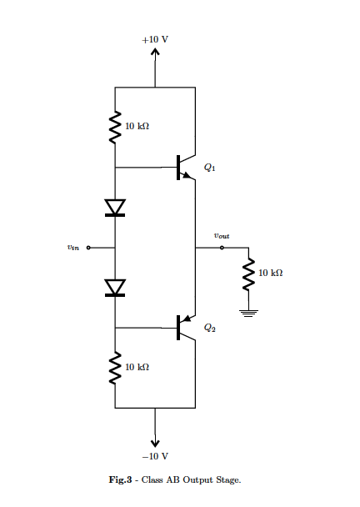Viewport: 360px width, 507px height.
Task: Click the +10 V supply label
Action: coord(155,40)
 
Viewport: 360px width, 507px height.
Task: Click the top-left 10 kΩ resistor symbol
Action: coord(115,126)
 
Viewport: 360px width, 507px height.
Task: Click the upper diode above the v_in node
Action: coord(115,207)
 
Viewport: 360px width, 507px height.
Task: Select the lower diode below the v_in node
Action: coord(115,288)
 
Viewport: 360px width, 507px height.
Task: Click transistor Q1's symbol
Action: coord(184,167)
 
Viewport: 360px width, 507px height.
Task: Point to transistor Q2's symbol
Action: coord(184,328)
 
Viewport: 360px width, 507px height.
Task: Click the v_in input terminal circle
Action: coord(88,248)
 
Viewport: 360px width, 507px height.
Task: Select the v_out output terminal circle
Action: coord(222,247)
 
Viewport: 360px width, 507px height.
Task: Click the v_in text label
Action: coord(72,248)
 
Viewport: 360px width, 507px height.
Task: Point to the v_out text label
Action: coord(222,236)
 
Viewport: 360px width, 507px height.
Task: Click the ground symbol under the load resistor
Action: coord(248,313)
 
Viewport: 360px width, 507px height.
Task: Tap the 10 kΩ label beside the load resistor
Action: coord(272,274)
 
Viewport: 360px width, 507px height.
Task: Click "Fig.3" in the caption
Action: coord(122,481)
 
